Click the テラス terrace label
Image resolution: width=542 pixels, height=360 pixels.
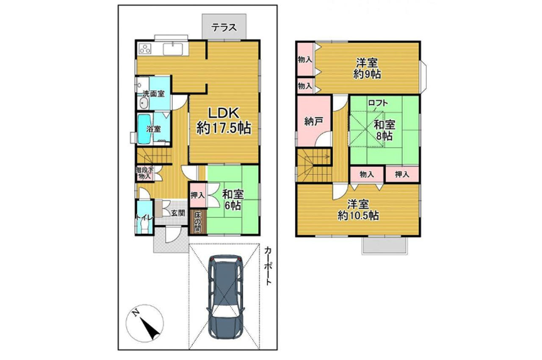click(224, 28)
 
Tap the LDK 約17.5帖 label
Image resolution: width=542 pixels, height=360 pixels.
click(224, 120)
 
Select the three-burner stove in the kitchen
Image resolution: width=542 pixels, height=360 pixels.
click(145, 49)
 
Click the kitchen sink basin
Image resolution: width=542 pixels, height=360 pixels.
click(173, 49)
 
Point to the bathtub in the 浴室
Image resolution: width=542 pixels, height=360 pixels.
click(144, 129)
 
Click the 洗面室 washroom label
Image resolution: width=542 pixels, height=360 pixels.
click(154, 94)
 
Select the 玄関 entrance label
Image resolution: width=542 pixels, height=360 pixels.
click(178, 213)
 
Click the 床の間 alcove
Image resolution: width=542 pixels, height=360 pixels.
click(198, 222)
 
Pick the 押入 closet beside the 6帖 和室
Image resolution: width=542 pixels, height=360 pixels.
click(198, 195)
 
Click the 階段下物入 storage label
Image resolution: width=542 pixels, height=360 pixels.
click(145, 173)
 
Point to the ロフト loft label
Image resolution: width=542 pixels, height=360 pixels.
click(378, 103)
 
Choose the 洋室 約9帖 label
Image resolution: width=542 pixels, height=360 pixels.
click(367, 68)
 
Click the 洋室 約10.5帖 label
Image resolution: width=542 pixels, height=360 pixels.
click(358, 210)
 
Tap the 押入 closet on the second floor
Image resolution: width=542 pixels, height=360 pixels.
click(402, 174)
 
